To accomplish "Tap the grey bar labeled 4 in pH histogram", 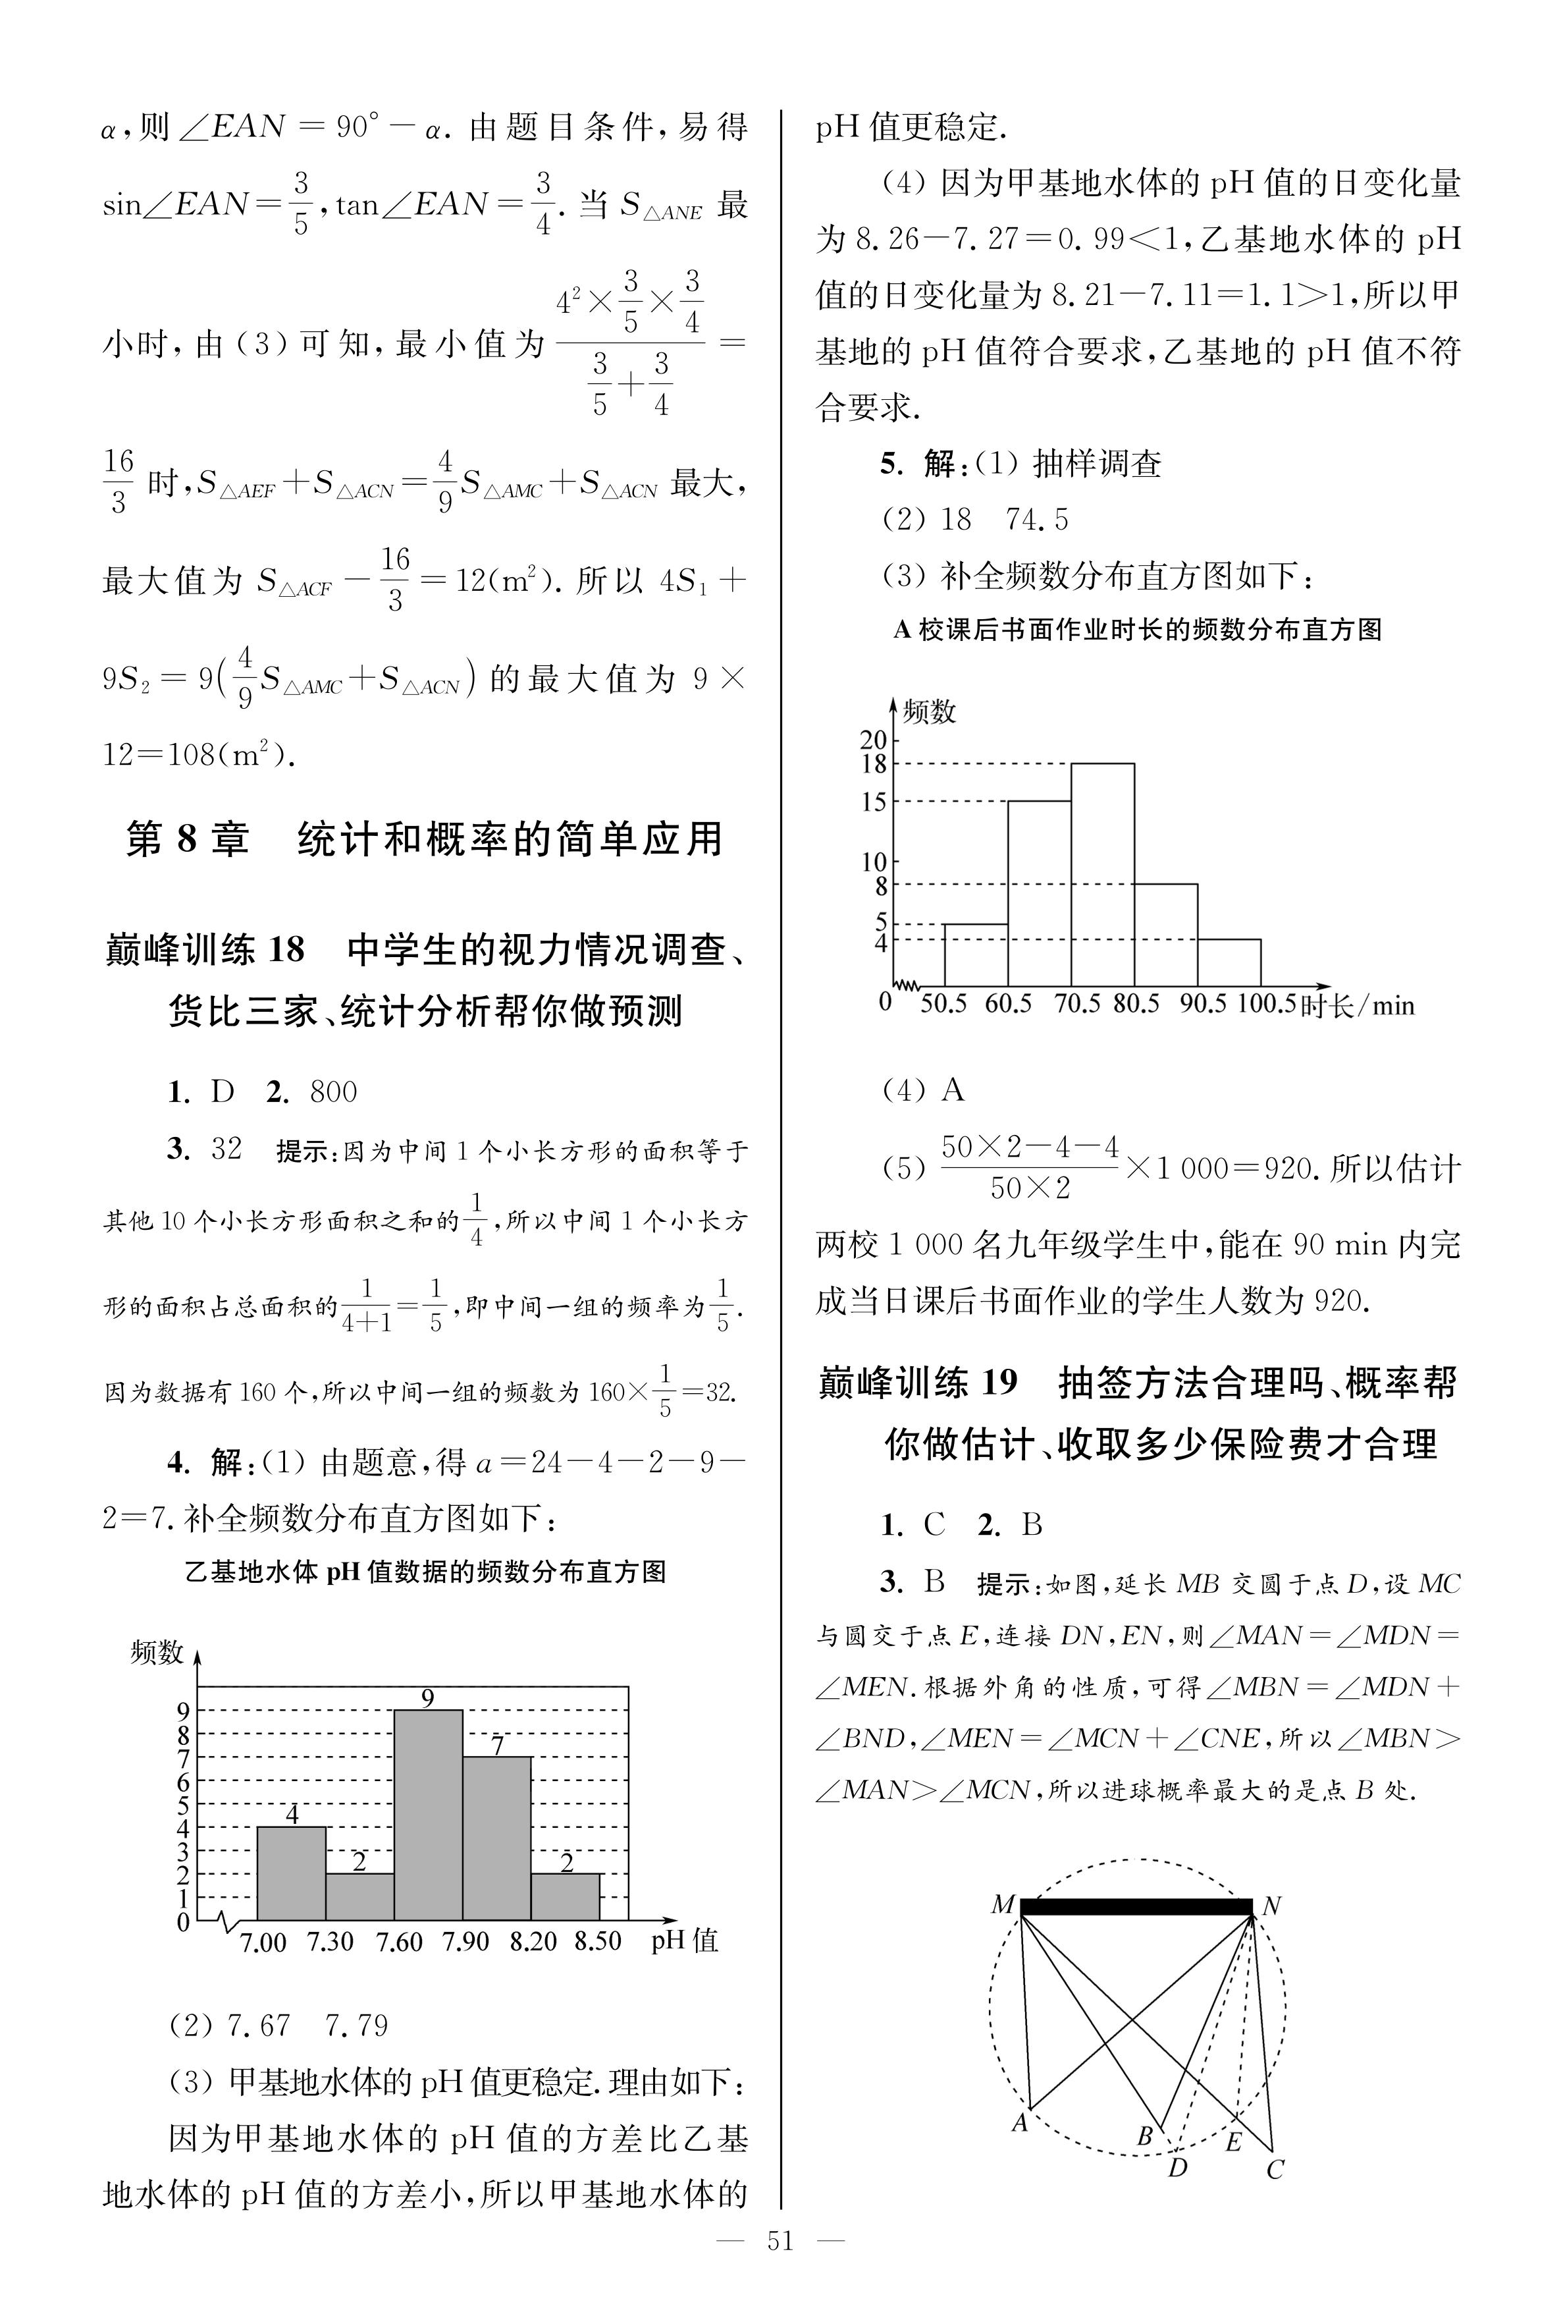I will tap(291, 1873).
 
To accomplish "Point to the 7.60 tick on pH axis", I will tap(399, 1941).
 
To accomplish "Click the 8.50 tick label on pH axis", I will tap(598, 1941).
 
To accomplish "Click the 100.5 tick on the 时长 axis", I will tap(1266, 1003).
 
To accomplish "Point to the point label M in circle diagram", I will tap(1003, 1905).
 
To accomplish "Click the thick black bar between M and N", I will tap(1136, 1906).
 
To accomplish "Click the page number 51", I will tap(780, 2241).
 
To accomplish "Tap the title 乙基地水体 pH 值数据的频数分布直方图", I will tap(425, 1572).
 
